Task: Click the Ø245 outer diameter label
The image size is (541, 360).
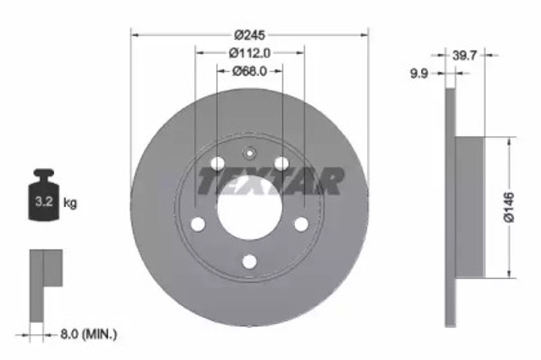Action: [x=249, y=35]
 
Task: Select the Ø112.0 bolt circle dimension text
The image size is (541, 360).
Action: [x=249, y=53]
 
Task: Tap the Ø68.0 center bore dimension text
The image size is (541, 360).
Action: [x=249, y=72]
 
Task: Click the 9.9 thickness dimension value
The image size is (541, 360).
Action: [x=418, y=74]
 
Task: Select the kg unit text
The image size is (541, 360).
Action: [x=71, y=203]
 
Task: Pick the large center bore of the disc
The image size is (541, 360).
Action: [x=249, y=207]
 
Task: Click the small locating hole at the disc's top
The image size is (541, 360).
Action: [x=249, y=154]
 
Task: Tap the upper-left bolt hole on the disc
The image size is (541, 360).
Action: [x=217, y=163]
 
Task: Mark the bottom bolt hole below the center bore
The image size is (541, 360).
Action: [x=249, y=261]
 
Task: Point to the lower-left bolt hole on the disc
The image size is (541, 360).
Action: [x=198, y=224]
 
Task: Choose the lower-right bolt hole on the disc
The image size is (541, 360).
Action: [x=301, y=224]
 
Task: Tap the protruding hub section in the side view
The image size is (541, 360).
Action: [x=469, y=207]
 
